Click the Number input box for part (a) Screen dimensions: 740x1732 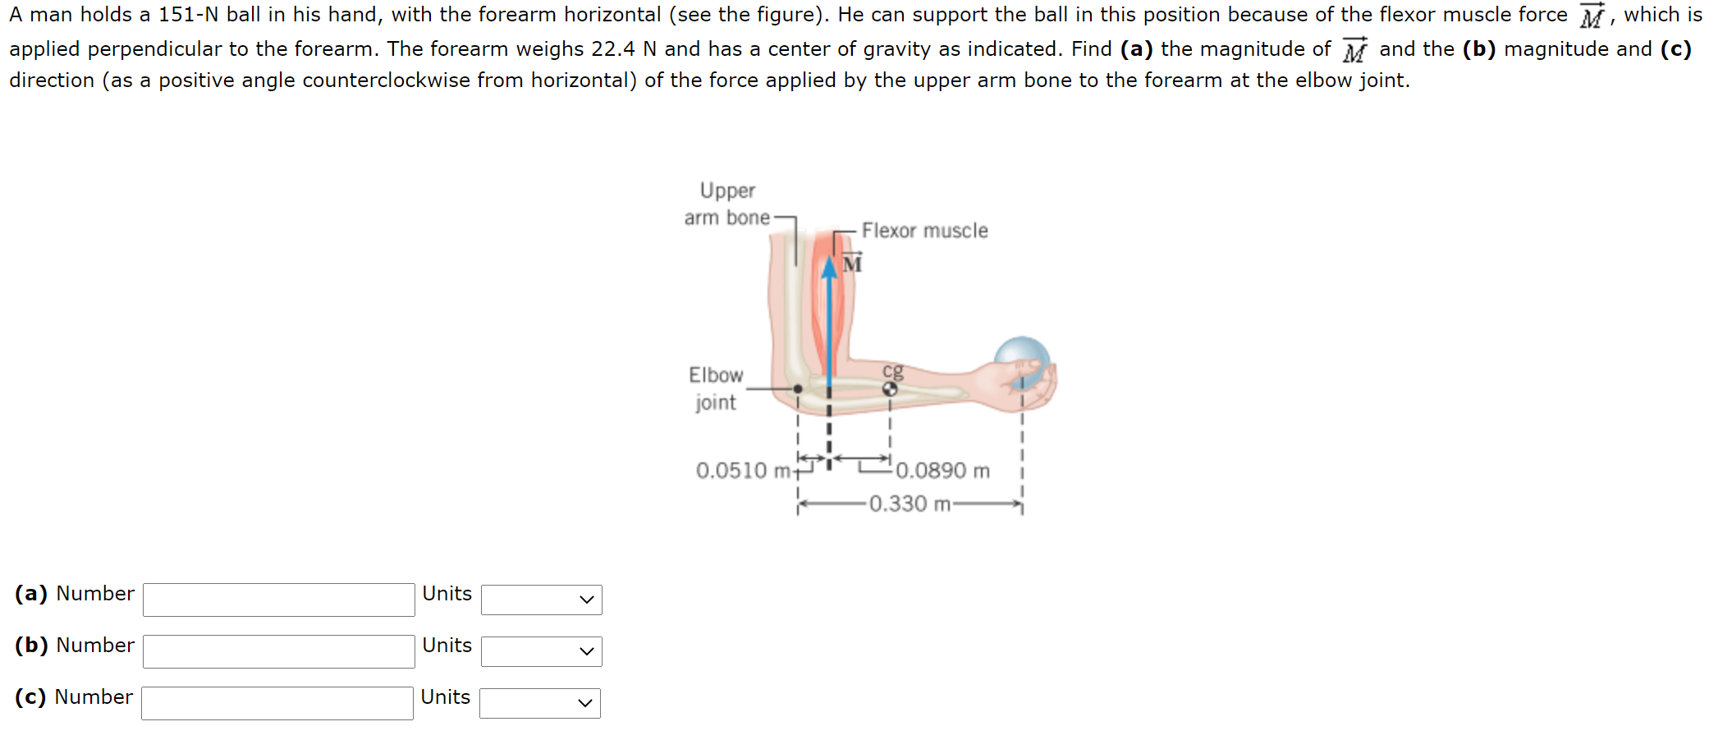click(278, 600)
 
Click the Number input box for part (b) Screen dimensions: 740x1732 click(278, 651)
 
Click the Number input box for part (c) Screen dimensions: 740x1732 click(277, 703)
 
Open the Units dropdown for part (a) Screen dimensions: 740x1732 click(541, 600)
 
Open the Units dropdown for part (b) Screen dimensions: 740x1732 click(541, 651)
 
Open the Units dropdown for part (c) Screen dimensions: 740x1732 click(539, 703)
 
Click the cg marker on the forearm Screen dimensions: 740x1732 click(890, 389)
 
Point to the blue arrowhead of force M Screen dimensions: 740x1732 click(830, 267)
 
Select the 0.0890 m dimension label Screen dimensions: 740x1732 click(942, 471)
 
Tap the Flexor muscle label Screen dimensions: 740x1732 click(924, 231)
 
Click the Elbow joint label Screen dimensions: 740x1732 click(715, 388)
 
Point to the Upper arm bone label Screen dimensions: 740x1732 click(727, 204)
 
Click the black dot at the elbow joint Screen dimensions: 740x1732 click(797, 388)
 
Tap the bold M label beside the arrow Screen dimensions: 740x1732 click(852, 264)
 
